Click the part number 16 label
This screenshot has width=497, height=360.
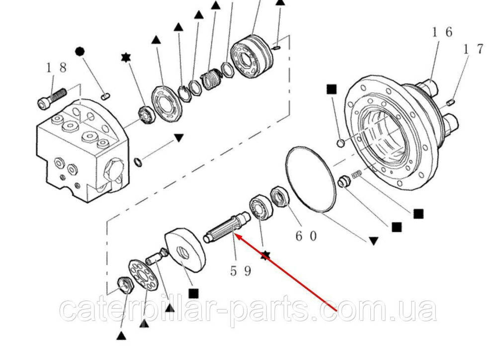point(442,32)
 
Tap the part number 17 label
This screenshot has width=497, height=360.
point(474,49)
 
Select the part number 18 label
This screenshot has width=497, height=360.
point(57,68)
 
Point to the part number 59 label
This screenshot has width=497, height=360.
point(241,271)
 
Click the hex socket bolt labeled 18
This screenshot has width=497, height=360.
point(52,98)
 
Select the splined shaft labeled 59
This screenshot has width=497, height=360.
point(227,227)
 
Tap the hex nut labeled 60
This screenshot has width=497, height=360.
point(280,197)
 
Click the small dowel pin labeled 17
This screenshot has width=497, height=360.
point(451,102)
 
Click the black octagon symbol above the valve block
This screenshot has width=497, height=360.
point(80,51)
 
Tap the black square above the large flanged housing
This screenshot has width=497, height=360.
point(331,90)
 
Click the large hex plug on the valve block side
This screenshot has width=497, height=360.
point(113,171)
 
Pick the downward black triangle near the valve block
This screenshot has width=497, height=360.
point(179,138)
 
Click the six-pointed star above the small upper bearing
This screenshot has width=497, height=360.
point(126,58)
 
